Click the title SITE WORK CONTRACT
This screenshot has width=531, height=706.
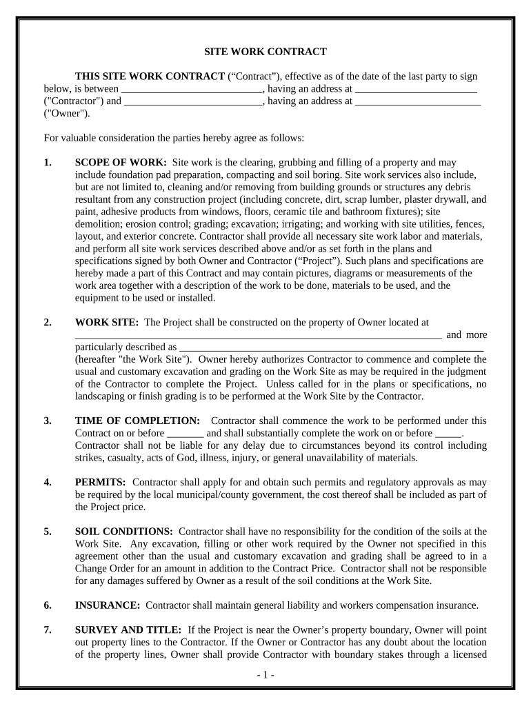265,52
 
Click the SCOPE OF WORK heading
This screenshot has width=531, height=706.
120,163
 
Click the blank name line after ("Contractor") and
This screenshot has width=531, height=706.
194,102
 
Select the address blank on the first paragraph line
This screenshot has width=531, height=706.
417,90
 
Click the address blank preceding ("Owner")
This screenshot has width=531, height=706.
418,102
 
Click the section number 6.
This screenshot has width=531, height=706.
47,605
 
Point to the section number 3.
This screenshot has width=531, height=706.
47,421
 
